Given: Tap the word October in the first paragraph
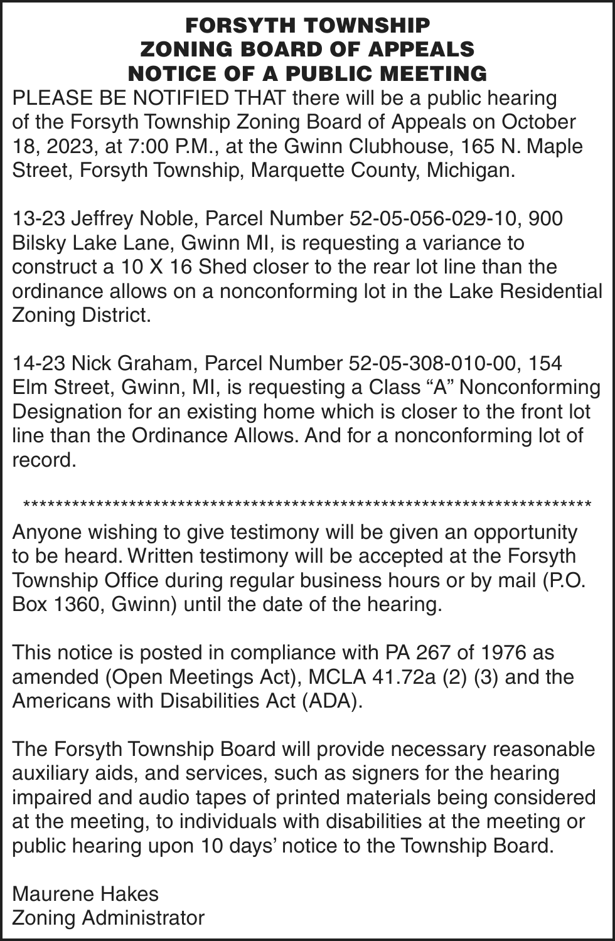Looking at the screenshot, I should [539, 122].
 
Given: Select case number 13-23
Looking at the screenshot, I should [38, 218].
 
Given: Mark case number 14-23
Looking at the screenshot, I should [38, 363].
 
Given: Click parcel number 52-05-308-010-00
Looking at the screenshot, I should [434, 363].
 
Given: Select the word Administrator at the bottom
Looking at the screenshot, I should [144, 918].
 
